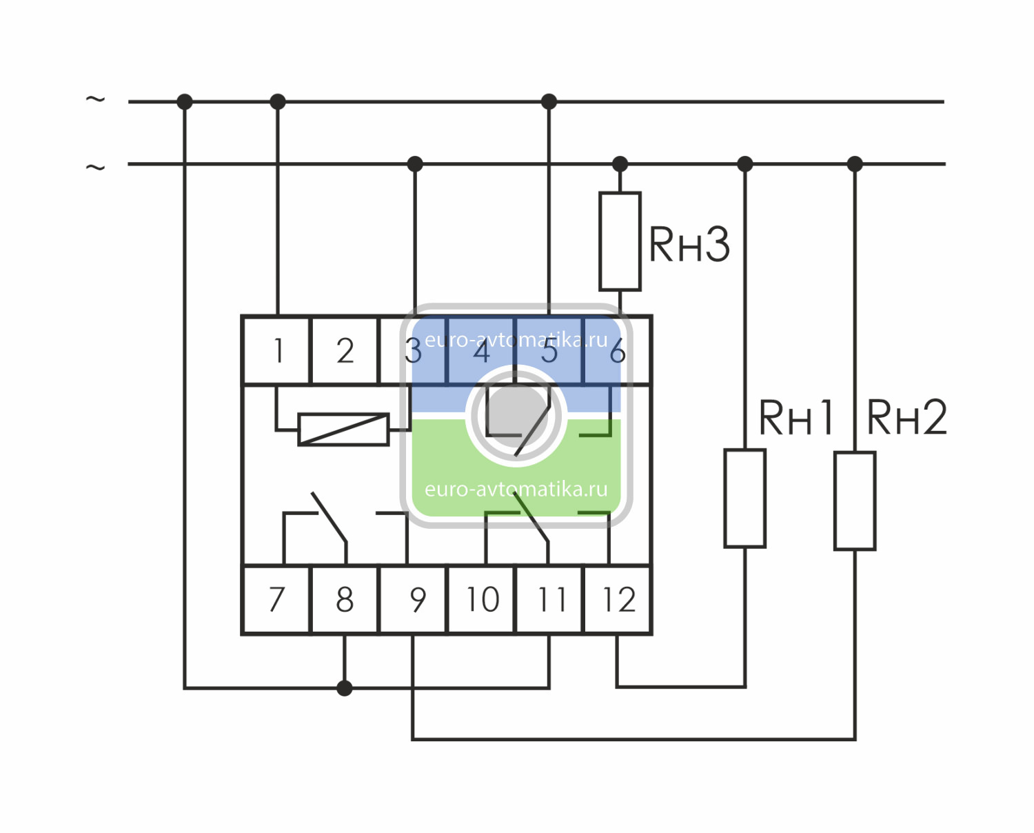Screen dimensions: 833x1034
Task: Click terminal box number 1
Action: [277, 350]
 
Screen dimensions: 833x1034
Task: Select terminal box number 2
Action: [345, 350]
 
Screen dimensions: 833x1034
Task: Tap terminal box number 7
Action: [277, 599]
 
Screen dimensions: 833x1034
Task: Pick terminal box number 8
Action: [345, 599]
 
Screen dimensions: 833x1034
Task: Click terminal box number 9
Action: [414, 599]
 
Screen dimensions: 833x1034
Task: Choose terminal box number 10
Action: [482, 599]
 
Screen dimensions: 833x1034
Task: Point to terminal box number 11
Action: [550, 599]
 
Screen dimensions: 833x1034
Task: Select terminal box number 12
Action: [618, 599]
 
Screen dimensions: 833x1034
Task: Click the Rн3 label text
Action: [689, 244]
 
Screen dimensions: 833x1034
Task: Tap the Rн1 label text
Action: [796, 417]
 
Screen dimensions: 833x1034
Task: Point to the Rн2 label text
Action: [906, 417]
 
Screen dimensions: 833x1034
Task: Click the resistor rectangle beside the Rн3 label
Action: [620, 241]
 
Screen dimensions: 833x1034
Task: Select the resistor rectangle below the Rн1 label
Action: [744, 498]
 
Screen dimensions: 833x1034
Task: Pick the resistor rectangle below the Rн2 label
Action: [855, 501]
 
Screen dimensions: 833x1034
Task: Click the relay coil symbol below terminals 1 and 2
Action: [343, 429]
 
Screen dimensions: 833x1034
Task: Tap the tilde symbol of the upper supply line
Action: [95, 99]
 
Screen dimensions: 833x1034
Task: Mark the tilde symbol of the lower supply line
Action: [95, 167]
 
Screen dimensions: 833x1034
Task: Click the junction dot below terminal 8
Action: [345, 688]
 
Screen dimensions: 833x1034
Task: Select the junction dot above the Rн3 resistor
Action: [620, 164]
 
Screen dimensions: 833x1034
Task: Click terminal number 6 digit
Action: [618, 352]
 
